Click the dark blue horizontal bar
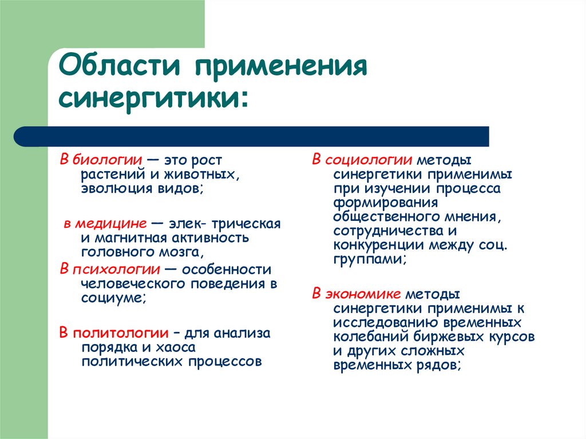pos(252,137)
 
